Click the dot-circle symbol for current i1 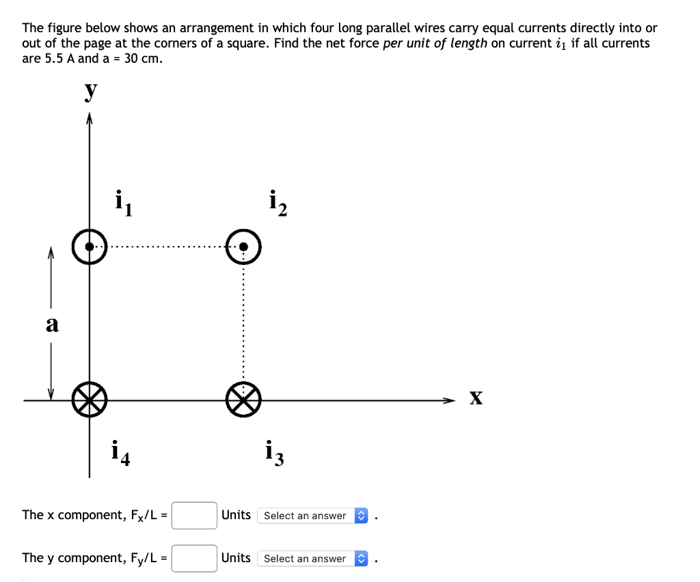coord(90,247)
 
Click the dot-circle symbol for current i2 coord(244,247)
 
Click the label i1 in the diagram coord(123,203)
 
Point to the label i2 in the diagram coord(278,203)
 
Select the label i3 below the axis coord(274,453)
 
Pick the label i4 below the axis coord(121,453)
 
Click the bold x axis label coord(476,398)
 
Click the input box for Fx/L coord(194,516)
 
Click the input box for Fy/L coord(194,558)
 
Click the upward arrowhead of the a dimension coord(51,253)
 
